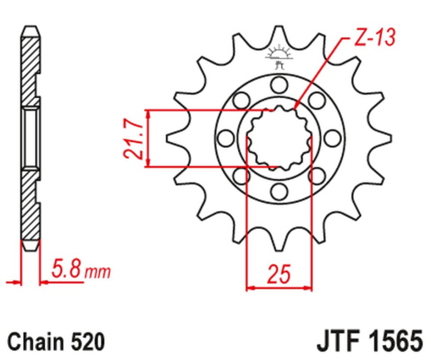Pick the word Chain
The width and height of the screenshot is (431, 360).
[32, 341]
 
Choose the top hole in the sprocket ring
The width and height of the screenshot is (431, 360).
[278, 83]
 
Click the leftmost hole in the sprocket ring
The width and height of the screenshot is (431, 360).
[222, 138]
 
